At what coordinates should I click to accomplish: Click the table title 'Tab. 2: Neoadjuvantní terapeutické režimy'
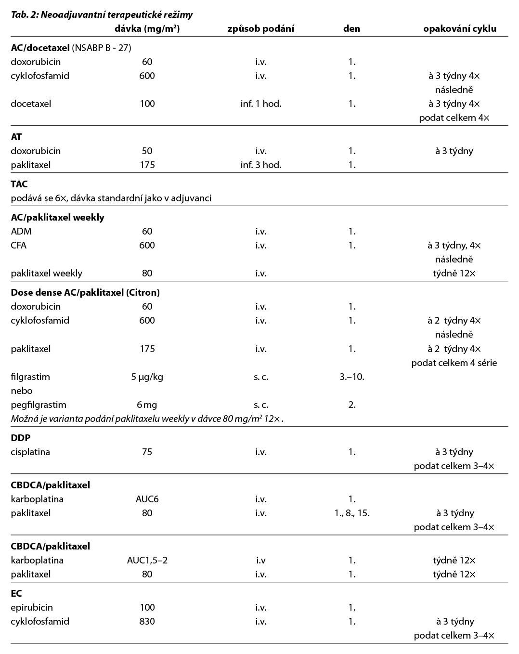[102, 14]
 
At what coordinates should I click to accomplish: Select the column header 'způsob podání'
[260, 28]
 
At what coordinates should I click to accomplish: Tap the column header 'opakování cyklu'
[459, 28]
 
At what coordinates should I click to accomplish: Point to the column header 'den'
[351, 28]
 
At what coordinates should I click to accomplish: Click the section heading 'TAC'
[19, 184]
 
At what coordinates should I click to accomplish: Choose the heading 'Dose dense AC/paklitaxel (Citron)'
[85, 292]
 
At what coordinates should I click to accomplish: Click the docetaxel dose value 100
[147, 104]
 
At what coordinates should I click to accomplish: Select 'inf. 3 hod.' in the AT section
[260, 165]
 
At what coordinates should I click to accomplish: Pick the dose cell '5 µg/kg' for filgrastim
[147, 377]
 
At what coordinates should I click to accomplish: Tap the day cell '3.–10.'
[351, 377]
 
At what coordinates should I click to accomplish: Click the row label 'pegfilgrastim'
[39, 405]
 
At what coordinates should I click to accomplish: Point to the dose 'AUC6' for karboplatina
[147, 499]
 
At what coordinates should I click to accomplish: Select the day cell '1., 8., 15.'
[351, 513]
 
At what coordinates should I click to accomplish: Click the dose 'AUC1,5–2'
[147, 560]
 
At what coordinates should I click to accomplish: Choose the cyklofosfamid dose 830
[147, 621]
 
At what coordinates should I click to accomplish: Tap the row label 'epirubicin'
[32, 607]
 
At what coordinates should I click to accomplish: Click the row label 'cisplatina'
[30, 452]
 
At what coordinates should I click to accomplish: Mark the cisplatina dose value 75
[147, 452]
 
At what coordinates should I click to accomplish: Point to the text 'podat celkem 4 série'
[454, 363]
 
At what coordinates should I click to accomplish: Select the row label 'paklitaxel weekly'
[47, 273]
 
